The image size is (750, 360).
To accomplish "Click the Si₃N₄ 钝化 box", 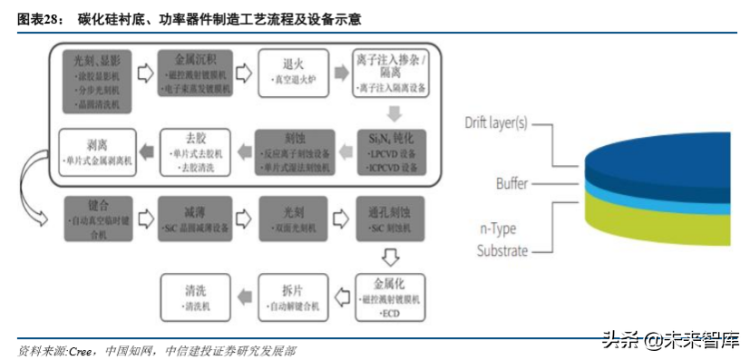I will pyautogui.click(x=392, y=151).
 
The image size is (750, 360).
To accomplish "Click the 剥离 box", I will pyautogui.click(x=99, y=151).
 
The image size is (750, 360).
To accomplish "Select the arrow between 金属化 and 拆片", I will pyautogui.click(x=343, y=296).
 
